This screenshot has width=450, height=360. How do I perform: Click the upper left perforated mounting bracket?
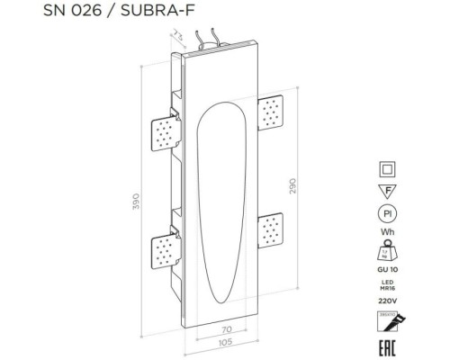click(x=162, y=134)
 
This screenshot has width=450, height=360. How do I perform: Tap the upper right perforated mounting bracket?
click(x=271, y=113)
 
